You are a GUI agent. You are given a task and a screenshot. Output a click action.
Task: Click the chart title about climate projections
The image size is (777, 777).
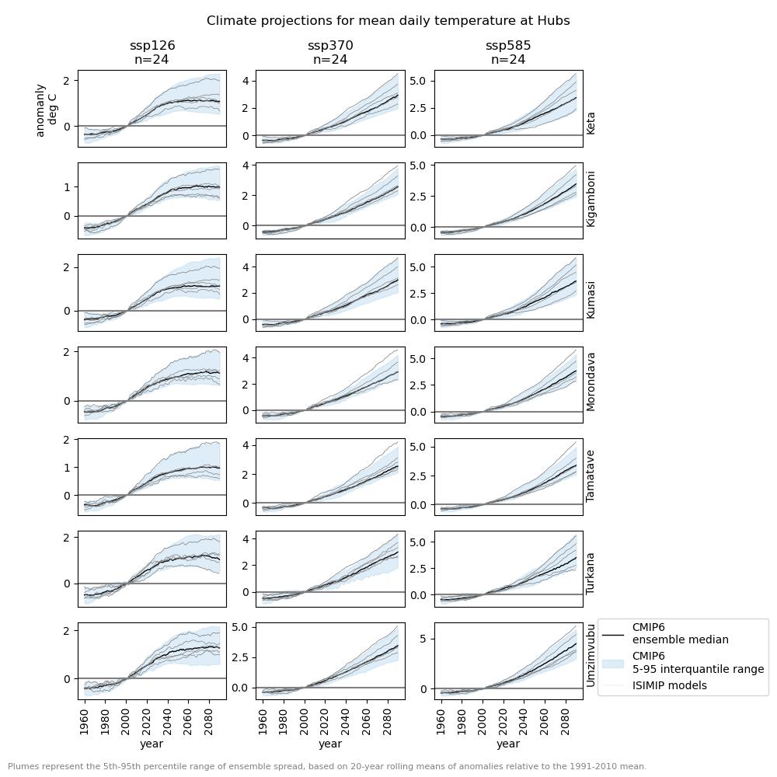click(x=388, y=21)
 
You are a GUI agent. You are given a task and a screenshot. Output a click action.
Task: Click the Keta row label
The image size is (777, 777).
click(x=591, y=123)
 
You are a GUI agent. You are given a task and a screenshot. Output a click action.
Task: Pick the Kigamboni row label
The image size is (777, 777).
click(x=591, y=199)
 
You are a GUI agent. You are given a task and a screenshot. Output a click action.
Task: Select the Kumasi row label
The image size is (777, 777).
click(x=591, y=299)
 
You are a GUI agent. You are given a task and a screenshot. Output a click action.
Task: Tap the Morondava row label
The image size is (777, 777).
click(x=591, y=382)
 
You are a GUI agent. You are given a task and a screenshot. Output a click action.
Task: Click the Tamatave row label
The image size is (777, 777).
click(x=591, y=476)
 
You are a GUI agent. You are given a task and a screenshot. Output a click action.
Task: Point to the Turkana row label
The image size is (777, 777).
click(x=591, y=573)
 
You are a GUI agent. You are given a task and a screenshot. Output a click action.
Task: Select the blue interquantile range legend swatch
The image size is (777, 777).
click(x=613, y=663)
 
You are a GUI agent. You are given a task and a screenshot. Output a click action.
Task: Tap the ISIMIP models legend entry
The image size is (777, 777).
click(x=669, y=685)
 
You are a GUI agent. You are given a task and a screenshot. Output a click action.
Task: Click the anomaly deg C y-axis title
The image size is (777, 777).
click(x=46, y=110)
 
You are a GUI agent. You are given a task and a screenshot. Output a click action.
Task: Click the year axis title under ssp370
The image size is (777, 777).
click(x=330, y=744)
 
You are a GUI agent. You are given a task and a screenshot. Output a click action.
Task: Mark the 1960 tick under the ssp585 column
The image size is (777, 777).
click(x=441, y=719)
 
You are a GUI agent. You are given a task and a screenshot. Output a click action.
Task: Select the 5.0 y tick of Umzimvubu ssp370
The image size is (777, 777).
click(x=239, y=627)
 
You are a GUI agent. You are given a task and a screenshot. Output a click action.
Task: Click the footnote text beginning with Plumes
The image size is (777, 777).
click(x=327, y=766)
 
